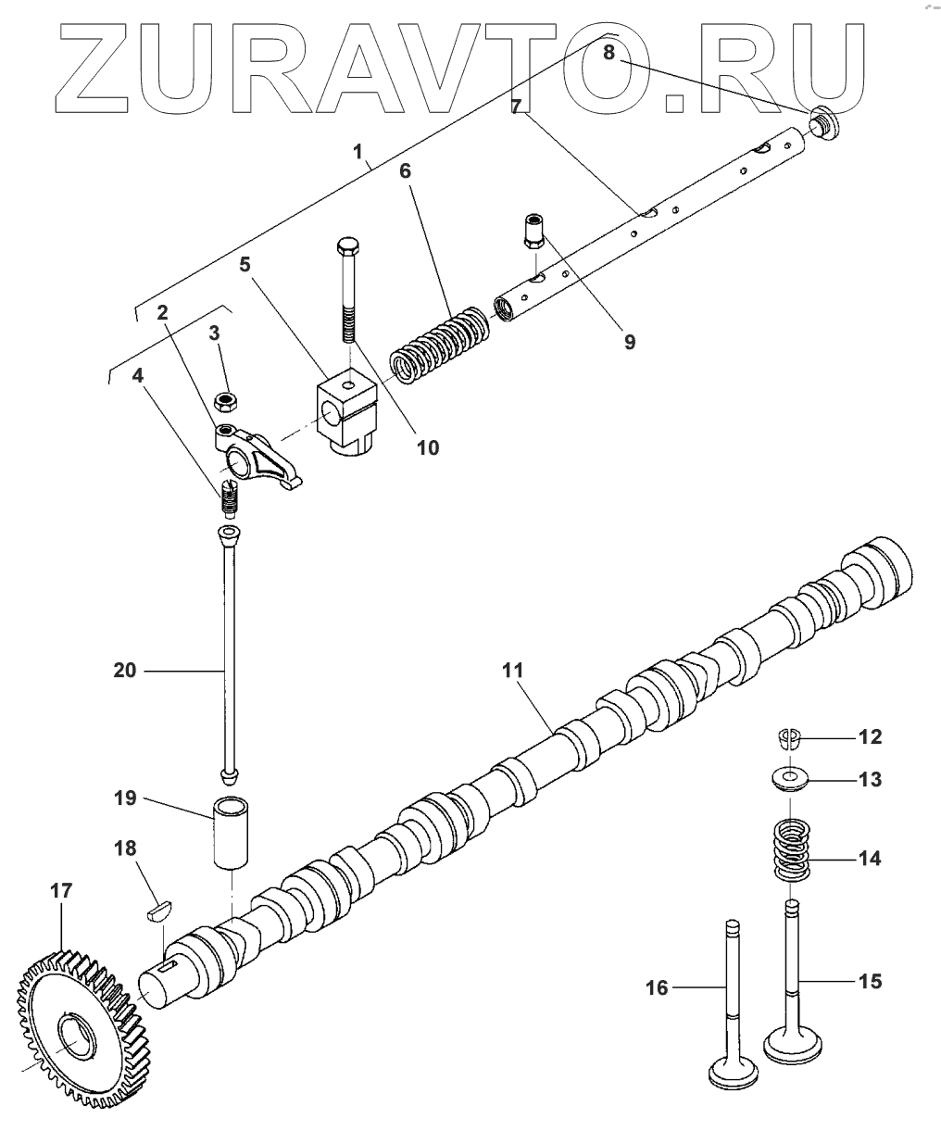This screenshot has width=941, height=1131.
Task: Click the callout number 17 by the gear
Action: click(x=60, y=891)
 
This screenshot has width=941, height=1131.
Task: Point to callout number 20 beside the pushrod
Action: click(x=124, y=669)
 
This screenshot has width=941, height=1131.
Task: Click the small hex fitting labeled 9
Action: click(x=533, y=229)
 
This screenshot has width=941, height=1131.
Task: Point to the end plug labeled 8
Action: click(x=821, y=121)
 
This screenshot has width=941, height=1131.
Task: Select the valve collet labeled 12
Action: click(x=788, y=738)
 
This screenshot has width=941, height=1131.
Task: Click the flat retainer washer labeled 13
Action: click(x=789, y=778)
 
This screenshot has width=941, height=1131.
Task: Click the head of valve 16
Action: click(x=734, y=1076)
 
